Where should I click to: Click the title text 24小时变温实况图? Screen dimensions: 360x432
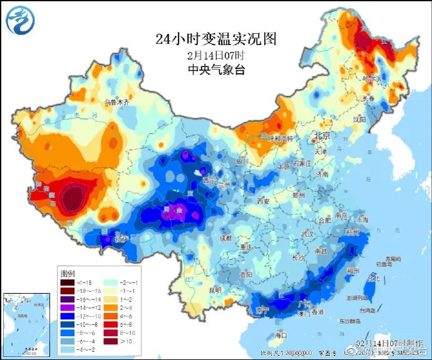(216, 39)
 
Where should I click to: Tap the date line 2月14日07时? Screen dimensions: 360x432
(216, 54)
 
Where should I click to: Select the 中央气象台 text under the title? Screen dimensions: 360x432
(216, 69)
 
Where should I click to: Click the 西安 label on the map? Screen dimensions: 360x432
(262, 201)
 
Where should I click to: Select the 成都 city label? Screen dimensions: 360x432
(226, 239)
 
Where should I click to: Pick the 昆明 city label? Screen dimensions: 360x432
(215, 291)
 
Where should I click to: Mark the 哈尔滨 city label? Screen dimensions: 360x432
(371, 78)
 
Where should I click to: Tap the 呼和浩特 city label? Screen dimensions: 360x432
(277, 137)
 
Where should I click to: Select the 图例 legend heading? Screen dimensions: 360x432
(68, 274)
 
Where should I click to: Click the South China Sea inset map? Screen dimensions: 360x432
(26, 324)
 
